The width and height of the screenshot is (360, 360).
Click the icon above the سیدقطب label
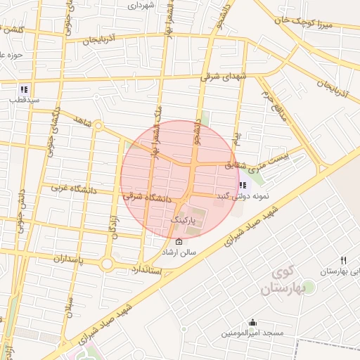24,89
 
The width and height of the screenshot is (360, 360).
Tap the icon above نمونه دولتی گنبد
243,185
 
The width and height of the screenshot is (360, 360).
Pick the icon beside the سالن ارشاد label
179,242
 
